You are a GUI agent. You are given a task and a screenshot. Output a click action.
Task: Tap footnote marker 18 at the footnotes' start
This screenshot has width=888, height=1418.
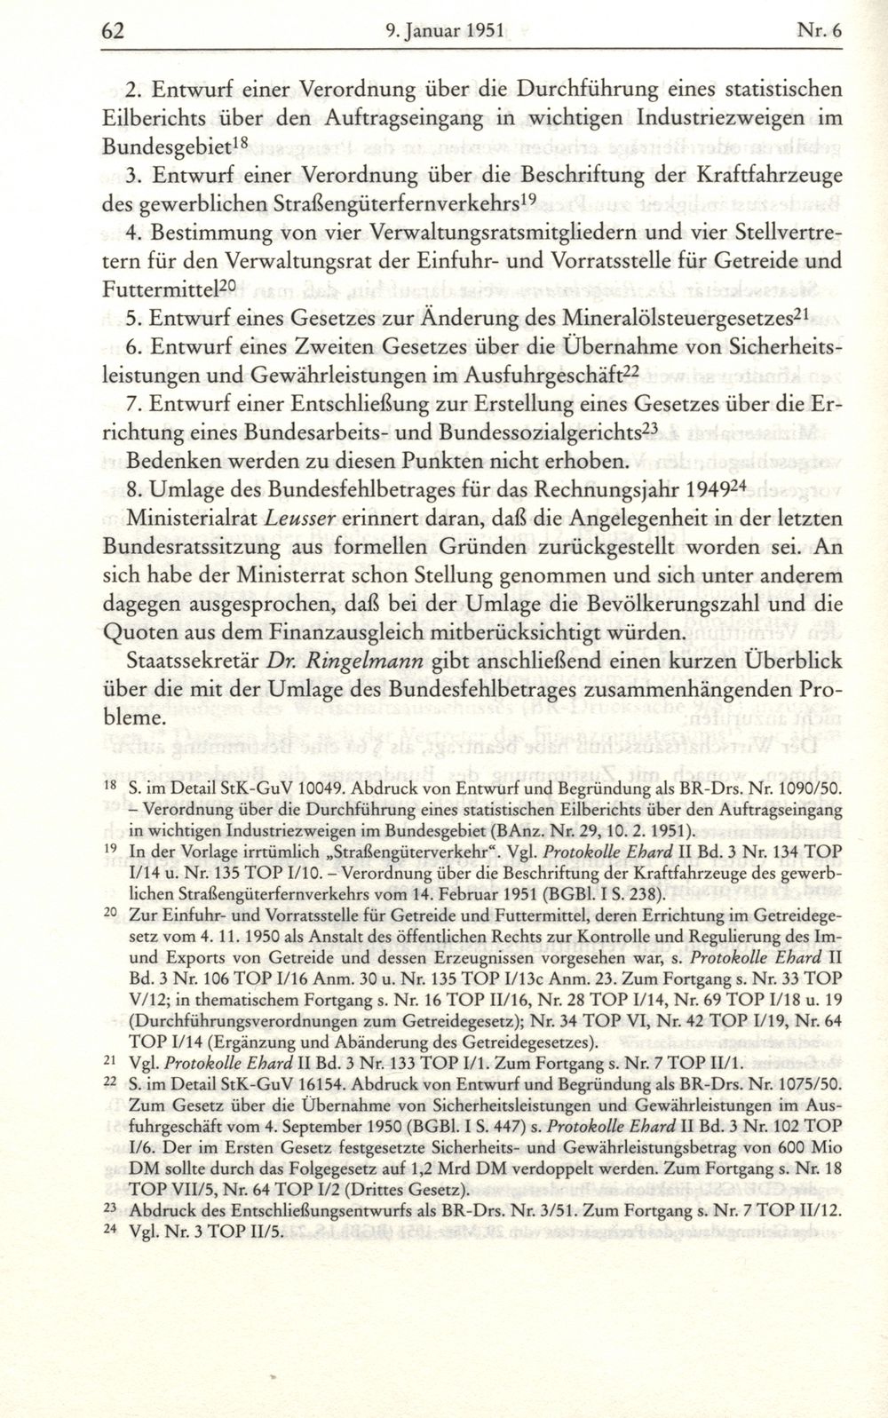111,785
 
